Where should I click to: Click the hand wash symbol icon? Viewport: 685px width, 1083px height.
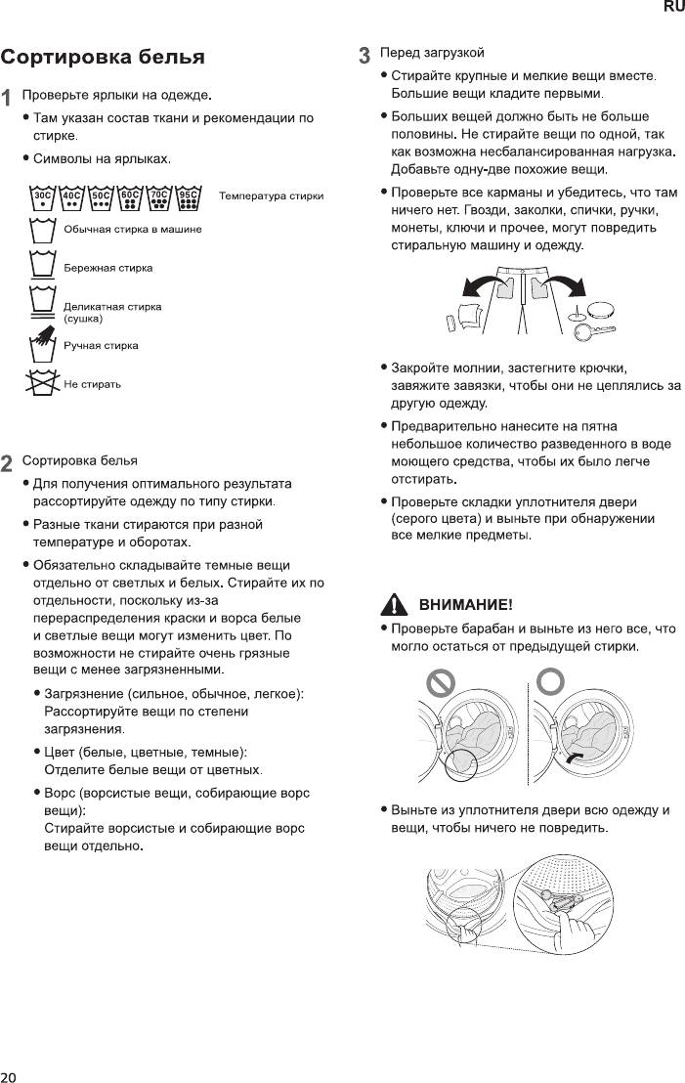[41, 346]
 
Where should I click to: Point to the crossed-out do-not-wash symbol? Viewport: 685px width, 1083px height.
[41, 384]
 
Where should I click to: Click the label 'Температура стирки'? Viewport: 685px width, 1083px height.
[272, 196]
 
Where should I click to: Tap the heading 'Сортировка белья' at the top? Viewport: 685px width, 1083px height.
[103, 57]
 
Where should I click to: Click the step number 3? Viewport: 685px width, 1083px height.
[364, 55]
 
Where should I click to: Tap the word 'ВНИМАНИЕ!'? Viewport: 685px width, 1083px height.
[465, 604]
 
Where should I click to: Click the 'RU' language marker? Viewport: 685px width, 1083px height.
[673, 7]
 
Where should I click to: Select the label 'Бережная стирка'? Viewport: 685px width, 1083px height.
[107, 268]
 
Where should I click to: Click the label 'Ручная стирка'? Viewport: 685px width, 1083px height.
[101, 345]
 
